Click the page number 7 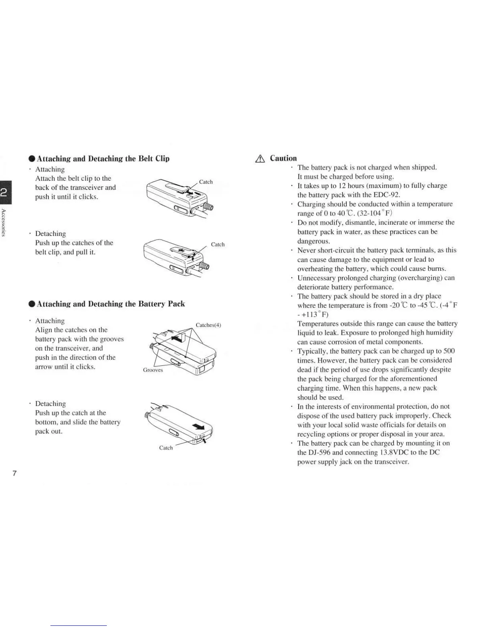point(15,473)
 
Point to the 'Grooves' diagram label point(153,370)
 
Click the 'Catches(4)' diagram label point(208,325)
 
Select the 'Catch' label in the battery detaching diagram point(166,448)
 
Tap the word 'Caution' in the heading point(283,158)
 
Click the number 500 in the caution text point(448,351)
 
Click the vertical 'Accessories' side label point(3,222)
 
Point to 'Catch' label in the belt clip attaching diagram point(206,182)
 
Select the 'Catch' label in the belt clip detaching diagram point(218,245)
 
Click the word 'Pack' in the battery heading point(176,304)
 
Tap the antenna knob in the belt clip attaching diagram point(208,206)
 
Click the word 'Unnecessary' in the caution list point(317,278)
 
